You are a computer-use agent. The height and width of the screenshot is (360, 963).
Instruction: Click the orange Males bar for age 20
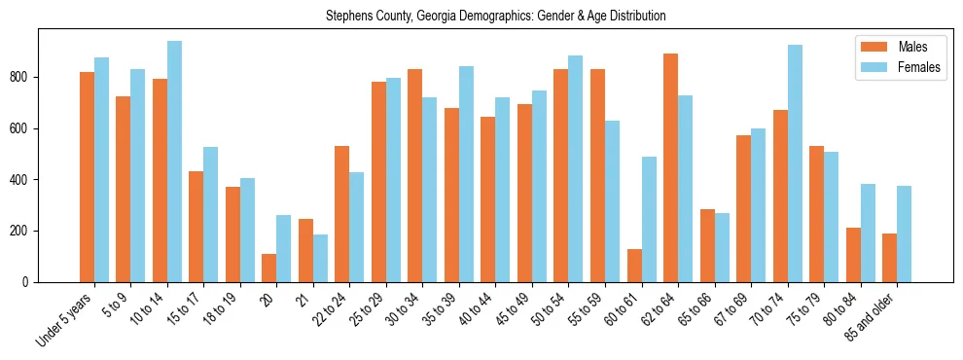point(269,268)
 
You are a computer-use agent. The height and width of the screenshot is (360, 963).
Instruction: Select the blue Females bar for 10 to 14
point(174,162)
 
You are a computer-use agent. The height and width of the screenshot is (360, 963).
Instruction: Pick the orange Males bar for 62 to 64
point(670,167)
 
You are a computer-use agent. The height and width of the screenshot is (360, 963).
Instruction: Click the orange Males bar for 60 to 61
point(634,266)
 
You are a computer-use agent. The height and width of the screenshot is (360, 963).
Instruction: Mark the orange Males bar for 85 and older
point(889,258)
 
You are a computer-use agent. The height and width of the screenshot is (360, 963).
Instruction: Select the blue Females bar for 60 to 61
point(649,219)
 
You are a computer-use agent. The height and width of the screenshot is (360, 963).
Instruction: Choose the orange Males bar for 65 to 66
point(707,245)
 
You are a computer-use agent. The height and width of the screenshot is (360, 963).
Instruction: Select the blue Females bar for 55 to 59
point(612,201)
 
